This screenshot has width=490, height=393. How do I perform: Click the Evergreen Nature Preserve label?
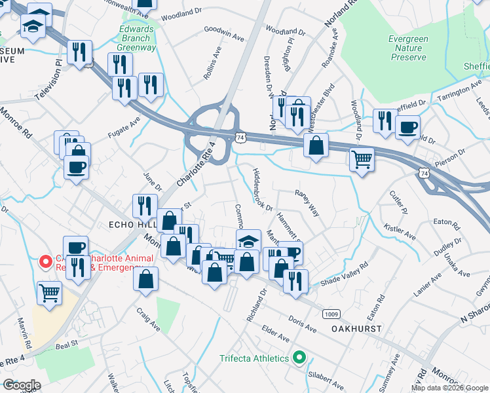409,48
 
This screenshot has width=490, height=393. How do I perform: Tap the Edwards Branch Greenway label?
138,38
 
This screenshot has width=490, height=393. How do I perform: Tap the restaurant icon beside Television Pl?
79,52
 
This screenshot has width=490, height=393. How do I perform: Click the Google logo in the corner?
22,385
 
